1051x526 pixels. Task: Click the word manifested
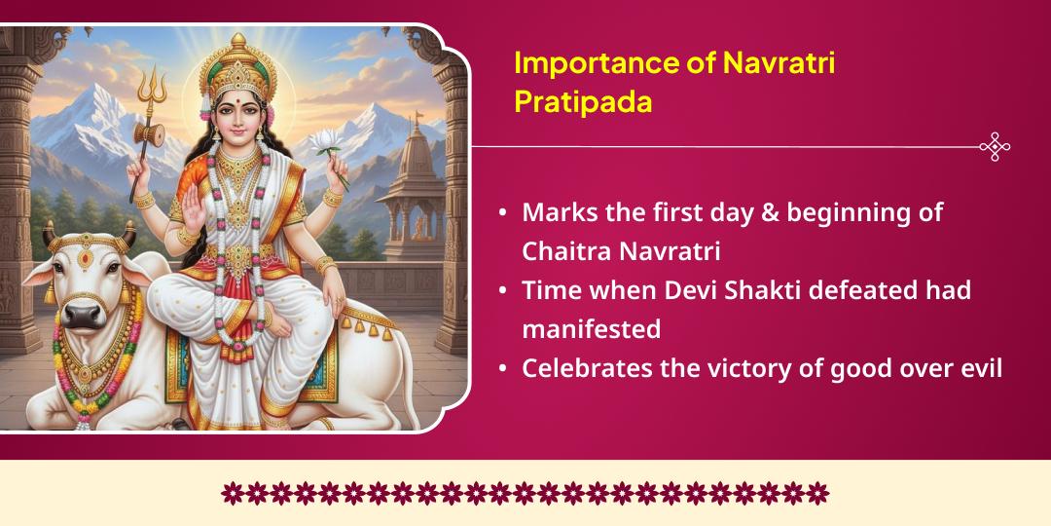591,329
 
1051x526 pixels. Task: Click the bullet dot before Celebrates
501,370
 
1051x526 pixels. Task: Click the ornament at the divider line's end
994,147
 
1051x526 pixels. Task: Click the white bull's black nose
84,314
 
